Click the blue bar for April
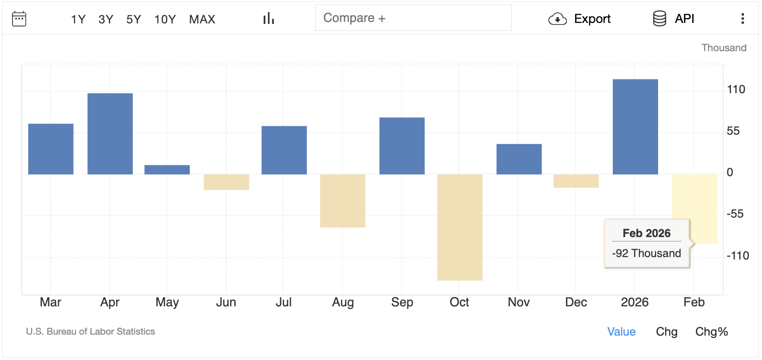(x=110, y=134)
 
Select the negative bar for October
(x=460, y=227)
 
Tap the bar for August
(x=342, y=200)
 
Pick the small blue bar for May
(x=167, y=170)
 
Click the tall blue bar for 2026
(x=635, y=127)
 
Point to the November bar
(x=519, y=159)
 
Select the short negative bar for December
(x=576, y=181)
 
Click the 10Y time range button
(x=165, y=20)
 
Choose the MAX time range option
(x=202, y=20)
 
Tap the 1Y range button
(x=78, y=20)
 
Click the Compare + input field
(x=413, y=18)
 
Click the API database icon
(x=659, y=19)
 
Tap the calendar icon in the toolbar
(x=19, y=19)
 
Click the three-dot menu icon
(x=742, y=19)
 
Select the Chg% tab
(x=711, y=332)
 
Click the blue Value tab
(x=621, y=332)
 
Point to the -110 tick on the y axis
(x=738, y=256)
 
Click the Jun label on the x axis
(x=226, y=302)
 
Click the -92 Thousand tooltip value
(x=646, y=253)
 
